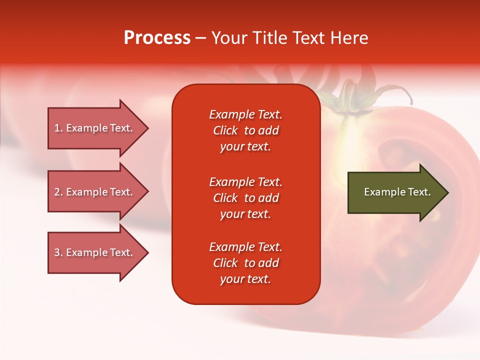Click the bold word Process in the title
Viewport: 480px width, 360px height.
click(x=157, y=38)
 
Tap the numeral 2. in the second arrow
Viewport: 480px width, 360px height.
click(x=58, y=192)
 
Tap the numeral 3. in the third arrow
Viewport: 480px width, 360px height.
click(x=58, y=252)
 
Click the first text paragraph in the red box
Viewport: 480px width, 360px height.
click(x=245, y=130)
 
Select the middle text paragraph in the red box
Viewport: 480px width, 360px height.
click(x=245, y=198)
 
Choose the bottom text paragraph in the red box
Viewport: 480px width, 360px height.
click(x=245, y=263)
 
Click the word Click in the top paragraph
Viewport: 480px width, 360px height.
click(x=225, y=130)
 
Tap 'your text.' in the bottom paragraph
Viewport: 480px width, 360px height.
click(x=245, y=279)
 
